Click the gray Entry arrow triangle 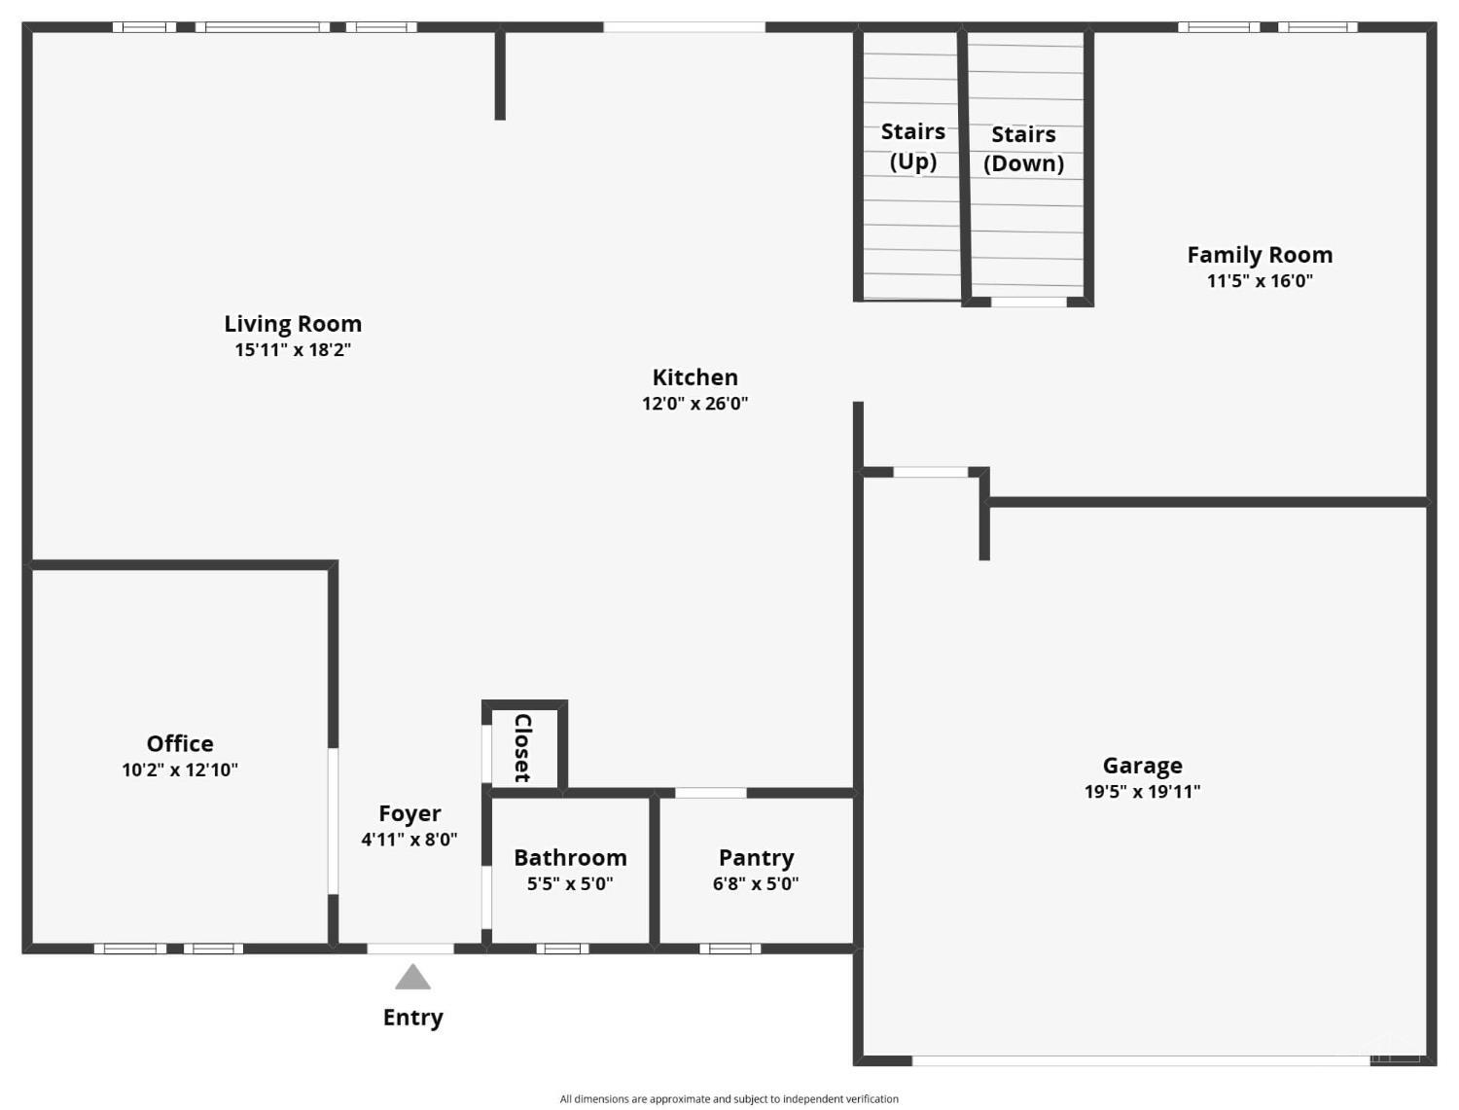(412, 977)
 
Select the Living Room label (293, 324)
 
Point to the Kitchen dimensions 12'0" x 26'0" (694, 404)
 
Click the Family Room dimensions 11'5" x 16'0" (1260, 280)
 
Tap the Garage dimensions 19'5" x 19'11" (1143, 792)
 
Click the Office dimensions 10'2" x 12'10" (180, 770)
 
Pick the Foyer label (409, 813)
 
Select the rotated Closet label (523, 748)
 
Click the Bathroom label (570, 858)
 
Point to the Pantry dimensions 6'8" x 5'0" (756, 884)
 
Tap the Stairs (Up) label (912, 146)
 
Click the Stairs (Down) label (1023, 149)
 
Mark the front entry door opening (410, 949)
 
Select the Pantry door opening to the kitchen (711, 793)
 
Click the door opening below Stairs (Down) (1029, 302)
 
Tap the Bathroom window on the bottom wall (562, 949)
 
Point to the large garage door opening (1141, 1060)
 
